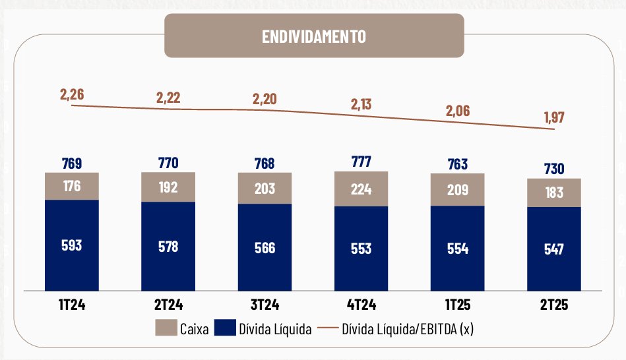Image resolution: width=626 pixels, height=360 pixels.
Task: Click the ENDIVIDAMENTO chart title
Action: click(313, 36)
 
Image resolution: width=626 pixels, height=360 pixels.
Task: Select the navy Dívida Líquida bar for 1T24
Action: click(72, 245)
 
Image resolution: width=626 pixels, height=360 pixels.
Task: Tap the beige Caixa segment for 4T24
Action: click(361, 189)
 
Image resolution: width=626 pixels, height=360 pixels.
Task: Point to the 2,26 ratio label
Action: click(72, 94)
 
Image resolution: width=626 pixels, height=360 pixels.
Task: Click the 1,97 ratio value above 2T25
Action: click(554, 117)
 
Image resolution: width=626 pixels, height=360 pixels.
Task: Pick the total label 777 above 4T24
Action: click(361, 162)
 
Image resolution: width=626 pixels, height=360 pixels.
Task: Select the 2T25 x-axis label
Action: click(554, 305)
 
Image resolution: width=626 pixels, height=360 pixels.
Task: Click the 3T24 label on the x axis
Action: click(265, 305)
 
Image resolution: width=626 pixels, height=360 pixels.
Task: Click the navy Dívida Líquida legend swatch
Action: click(226, 328)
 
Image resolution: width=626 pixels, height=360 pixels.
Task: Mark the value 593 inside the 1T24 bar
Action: click(72, 245)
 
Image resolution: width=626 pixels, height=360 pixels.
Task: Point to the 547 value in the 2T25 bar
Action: click(554, 249)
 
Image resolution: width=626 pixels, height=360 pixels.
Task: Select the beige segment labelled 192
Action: click(168, 188)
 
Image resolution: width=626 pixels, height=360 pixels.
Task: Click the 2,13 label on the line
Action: click(361, 104)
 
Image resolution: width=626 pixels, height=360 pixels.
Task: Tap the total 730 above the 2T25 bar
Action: click(554, 169)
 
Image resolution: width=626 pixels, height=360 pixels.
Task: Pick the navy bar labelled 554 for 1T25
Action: click(458, 248)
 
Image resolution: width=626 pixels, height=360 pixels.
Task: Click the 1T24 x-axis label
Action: click(72, 305)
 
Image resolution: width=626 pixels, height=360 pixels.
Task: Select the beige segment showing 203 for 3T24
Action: click(265, 189)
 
